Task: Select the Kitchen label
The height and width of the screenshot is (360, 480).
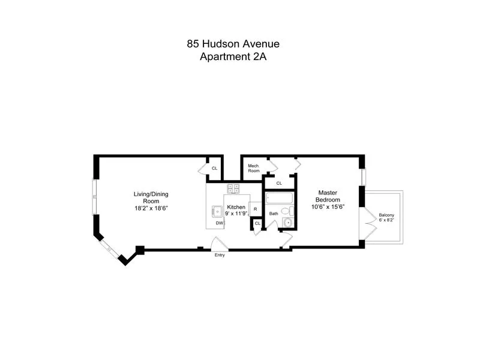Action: (x=236, y=206)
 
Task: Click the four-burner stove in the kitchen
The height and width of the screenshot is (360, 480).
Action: (x=233, y=188)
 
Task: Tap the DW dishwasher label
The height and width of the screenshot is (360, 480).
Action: (x=220, y=223)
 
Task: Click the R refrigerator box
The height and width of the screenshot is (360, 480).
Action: (x=256, y=209)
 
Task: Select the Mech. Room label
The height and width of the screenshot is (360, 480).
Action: (x=254, y=169)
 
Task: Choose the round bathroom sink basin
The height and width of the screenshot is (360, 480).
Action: (x=288, y=223)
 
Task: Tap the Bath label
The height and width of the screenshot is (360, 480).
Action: (x=274, y=213)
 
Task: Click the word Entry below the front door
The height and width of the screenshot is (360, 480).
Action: (x=220, y=254)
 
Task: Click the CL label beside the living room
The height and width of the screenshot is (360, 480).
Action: (x=214, y=168)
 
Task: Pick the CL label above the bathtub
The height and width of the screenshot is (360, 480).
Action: (x=279, y=183)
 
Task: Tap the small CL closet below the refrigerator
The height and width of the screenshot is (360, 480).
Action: (x=257, y=224)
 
